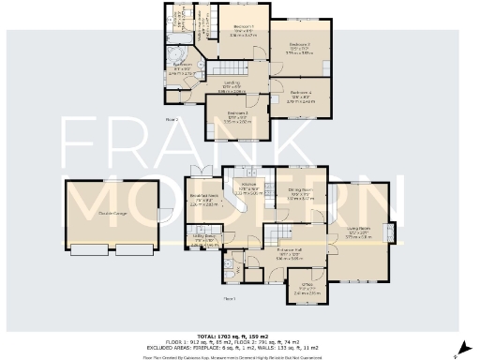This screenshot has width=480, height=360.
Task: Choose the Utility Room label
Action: point(203,238)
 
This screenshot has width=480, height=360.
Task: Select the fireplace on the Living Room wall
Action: point(391,232)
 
